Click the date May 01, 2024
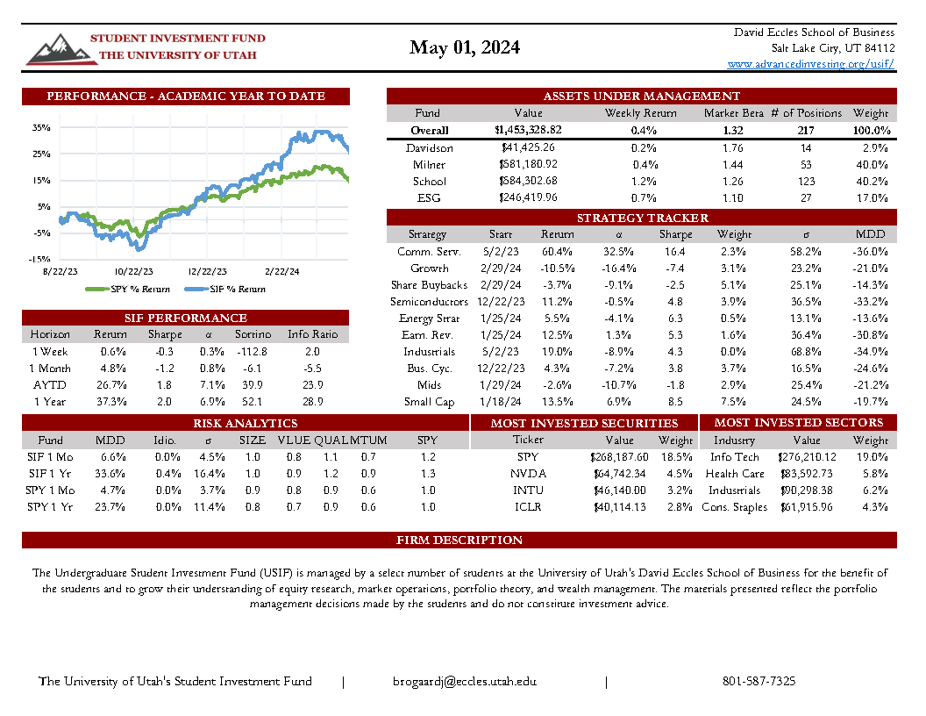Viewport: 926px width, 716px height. (464, 47)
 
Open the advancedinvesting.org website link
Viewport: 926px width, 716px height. (811, 64)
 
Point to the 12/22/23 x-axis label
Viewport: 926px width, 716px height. (208, 272)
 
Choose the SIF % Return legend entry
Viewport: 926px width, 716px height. (225, 289)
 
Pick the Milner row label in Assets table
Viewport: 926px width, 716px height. (429, 164)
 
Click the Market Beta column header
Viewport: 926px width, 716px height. (734, 113)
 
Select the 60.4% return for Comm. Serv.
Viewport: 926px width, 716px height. (557, 252)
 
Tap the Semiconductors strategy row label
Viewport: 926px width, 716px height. (429, 302)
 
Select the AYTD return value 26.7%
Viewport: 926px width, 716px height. (110, 384)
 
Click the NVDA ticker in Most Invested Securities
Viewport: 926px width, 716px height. (528, 474)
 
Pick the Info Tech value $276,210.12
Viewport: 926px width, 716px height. (801, 457)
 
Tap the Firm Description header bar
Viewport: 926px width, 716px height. (459, 540)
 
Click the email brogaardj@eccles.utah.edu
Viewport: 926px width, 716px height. (464, 682)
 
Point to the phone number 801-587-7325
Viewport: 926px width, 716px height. (759, 682)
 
